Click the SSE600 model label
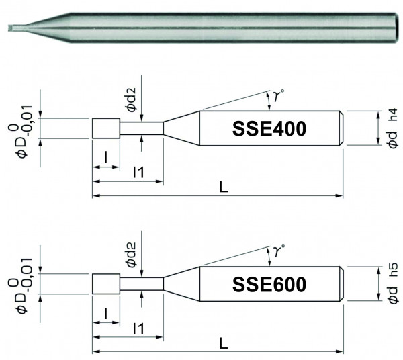pyautogui.click(x=269, y=284)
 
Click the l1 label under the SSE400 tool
pyautogui.click(x=138, y=173)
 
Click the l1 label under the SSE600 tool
pyautogui.click(x=138, y=329)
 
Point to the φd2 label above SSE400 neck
pyautogui.click(x=131, y=99)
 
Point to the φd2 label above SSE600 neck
pyautogui.click(x=131, y=256)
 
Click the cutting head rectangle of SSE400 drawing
pyautogui.click(x=105, y=128)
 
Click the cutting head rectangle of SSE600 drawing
pyautogui.click(x=105, y=284)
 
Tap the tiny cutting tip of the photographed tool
pyautogui.click(x=8, y=28)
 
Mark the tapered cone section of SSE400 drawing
pyautogui.click(x=182, y=127)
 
